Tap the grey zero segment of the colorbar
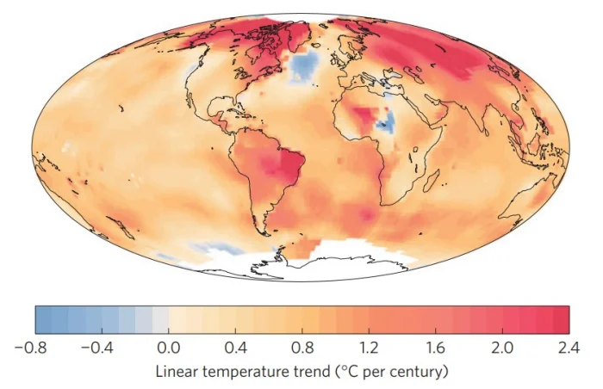pos(160,319)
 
